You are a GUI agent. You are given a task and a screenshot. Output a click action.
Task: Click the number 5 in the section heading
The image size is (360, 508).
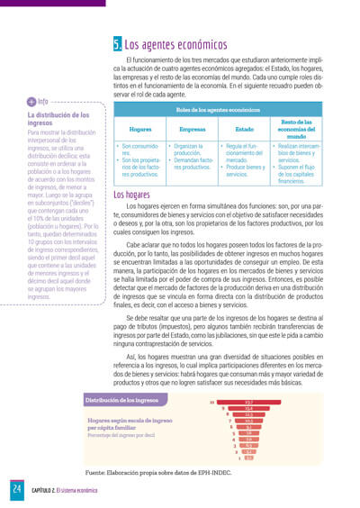click(x=118, y=44)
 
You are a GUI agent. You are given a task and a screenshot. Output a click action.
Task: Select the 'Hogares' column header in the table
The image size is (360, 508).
click(x=140, y=129)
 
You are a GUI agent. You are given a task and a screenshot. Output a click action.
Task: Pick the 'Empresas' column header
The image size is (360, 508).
click(x=193, y=129)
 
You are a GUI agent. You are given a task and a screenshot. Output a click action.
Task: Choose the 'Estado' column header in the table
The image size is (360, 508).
click(x=244, y=129)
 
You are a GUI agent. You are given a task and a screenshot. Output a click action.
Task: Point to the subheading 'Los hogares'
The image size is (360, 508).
click(x=132, y=195)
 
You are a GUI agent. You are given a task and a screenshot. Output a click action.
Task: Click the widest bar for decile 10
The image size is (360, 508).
click(x=247, y=403)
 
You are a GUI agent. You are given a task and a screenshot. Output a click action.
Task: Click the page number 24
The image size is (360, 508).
click(x=16, y=489)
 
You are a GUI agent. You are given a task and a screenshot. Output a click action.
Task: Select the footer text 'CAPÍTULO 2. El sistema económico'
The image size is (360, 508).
click(x=69, y=490)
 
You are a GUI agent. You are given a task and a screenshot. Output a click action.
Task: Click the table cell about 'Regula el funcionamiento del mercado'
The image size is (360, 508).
click(x=244, y=159)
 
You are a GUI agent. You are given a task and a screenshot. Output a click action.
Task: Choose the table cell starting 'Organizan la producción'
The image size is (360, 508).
click(x=193, y=157)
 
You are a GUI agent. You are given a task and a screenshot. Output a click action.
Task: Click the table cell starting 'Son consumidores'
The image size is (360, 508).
click(x=140, y=159)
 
